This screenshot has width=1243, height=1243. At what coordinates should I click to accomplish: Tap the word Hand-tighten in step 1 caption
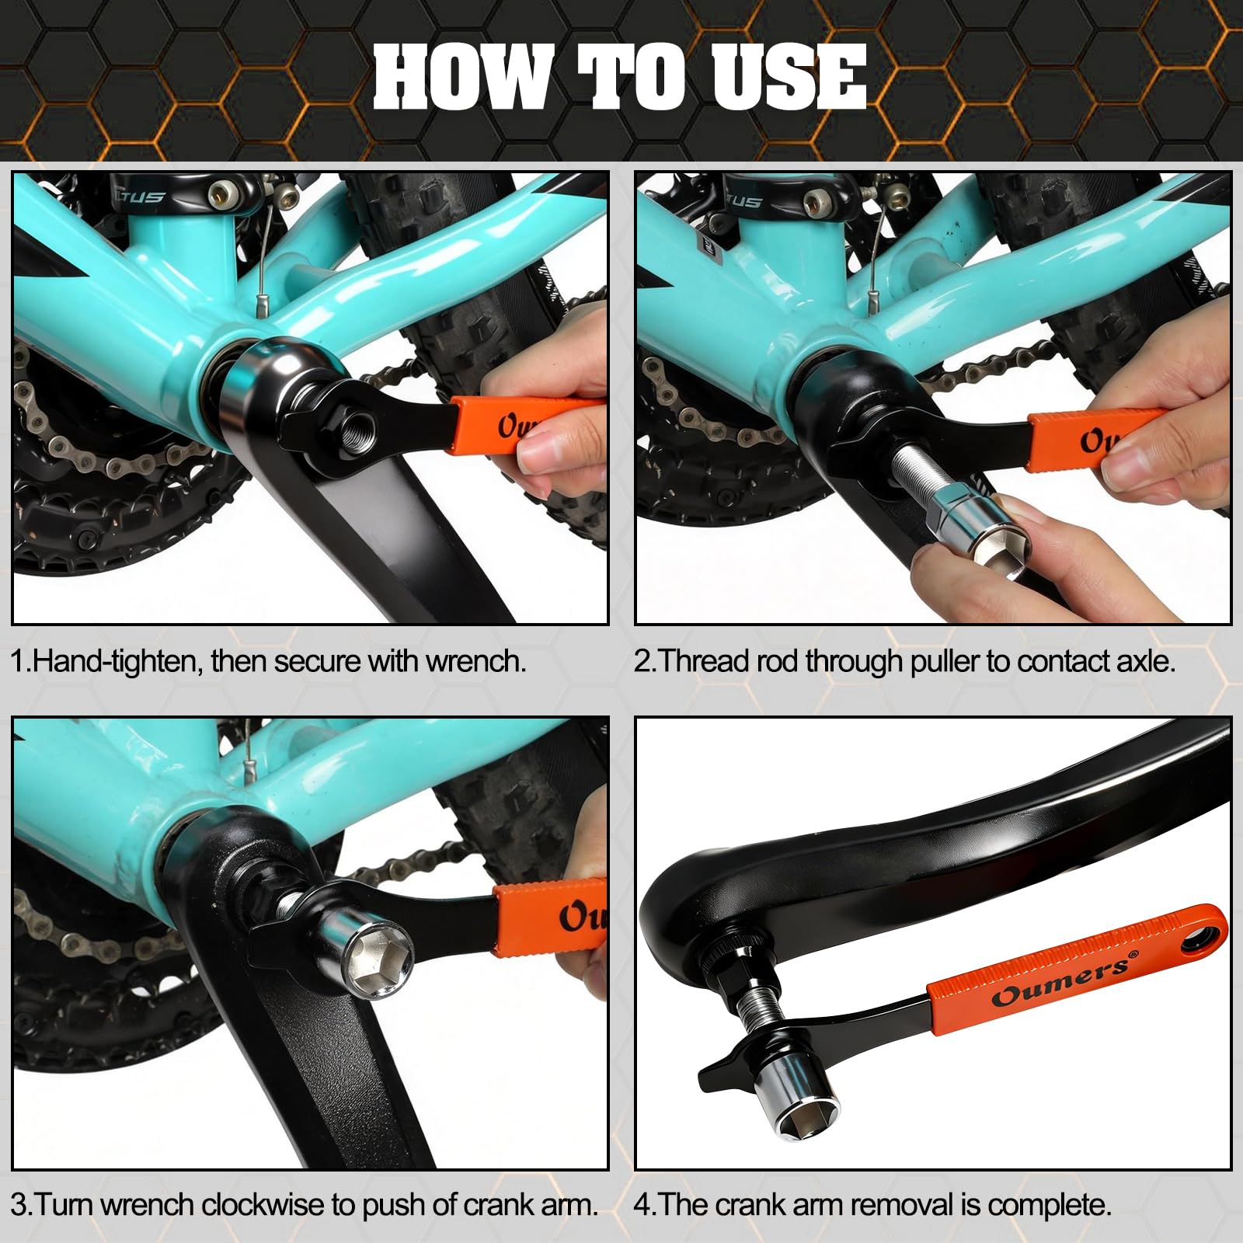118,661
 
